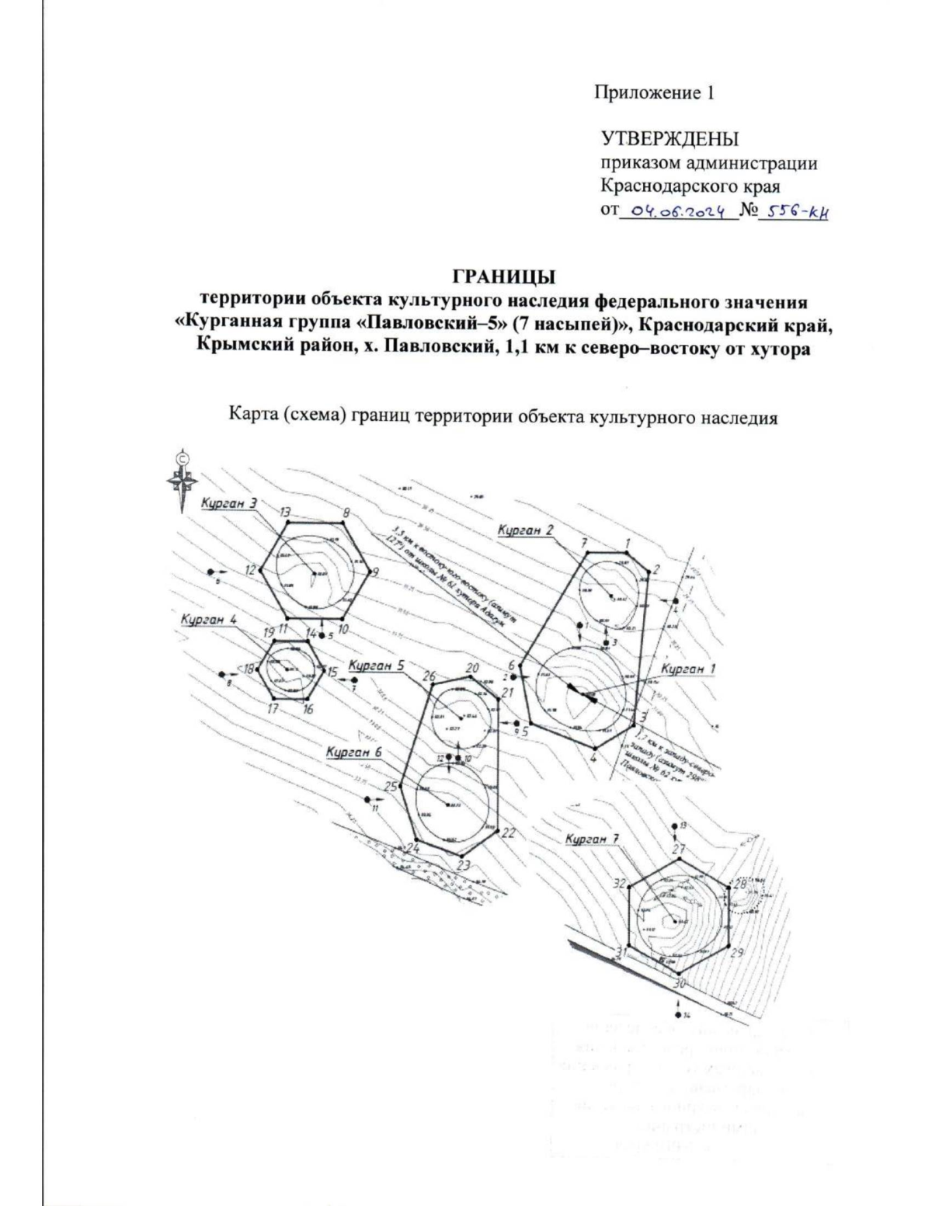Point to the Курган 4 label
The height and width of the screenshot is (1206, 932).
pos(207,620)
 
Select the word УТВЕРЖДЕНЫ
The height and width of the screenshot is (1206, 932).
pos(669,140)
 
